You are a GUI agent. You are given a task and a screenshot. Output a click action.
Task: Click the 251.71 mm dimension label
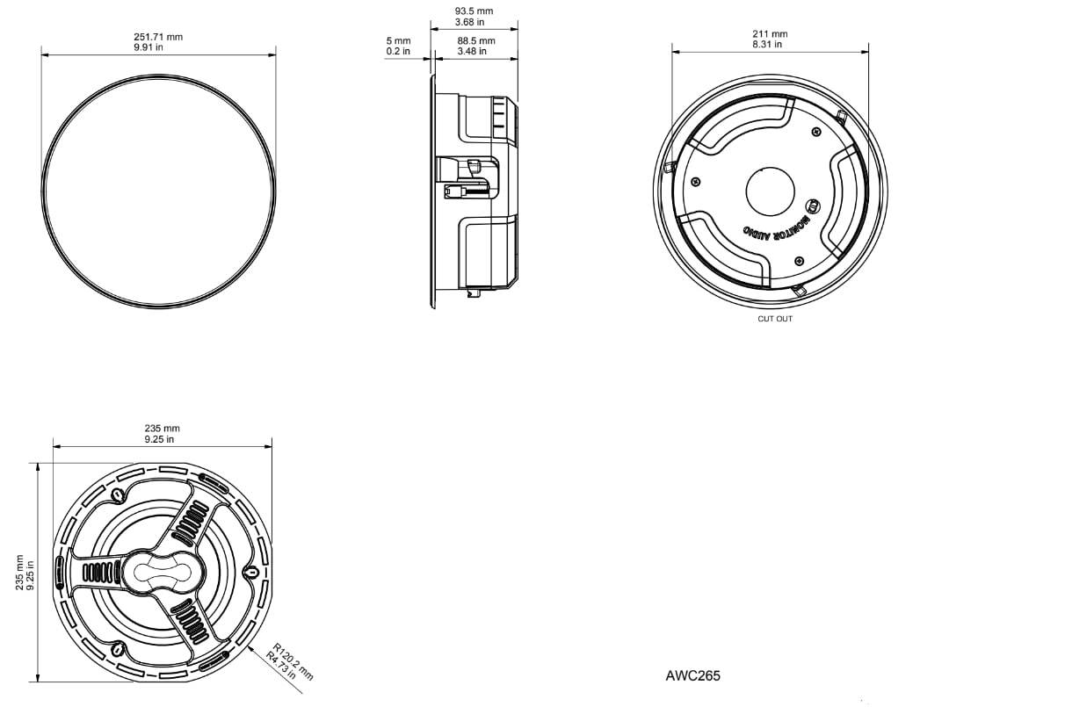(158, 37)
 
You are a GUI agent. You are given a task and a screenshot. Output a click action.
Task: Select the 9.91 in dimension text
(149, 47)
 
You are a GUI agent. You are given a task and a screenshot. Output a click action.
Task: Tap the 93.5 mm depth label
(474, 11)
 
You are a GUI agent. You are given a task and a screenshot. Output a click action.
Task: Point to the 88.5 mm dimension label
(476, 41)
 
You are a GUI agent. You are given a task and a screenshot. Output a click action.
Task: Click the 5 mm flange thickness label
(398, 41)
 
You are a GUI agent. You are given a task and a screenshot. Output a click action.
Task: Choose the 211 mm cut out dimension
(770, 33)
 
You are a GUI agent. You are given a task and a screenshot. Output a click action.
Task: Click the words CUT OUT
(775, 319)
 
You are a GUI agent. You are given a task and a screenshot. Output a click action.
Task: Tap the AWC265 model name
(692, 675)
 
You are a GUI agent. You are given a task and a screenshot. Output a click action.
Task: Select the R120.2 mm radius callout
(293, 661)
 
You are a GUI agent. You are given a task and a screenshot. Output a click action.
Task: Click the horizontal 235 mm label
(163, 429)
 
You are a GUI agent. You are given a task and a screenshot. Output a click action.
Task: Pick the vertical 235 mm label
(19, 573)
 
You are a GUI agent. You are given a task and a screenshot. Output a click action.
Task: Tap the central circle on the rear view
(770, 191)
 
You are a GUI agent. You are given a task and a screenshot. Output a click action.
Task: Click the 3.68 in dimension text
(469, 22)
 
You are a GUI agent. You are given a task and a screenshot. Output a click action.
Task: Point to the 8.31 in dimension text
(767, 44)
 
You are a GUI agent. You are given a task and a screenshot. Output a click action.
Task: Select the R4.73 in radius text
(280, 666)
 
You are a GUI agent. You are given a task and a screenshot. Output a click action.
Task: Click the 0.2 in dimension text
(398, 51)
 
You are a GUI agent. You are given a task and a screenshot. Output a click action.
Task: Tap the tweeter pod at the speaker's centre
(163, 572)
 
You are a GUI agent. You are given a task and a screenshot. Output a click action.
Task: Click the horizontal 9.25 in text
(159, 439)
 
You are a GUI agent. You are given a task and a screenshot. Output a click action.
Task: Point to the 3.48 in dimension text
(472, 51)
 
